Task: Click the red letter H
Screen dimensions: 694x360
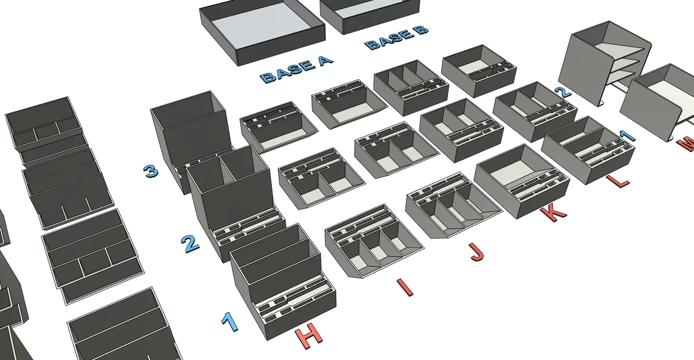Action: pyautogui.click(x=309, y=336)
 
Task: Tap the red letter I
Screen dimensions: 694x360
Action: pyautogui.click(x=405, y=287)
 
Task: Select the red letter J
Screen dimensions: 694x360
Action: pyautogui.click(x=476, y=252)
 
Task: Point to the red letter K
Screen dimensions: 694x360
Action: pyautogui.click(x=553, y=214)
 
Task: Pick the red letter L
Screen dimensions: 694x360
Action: pyautogui.click(x=617, y=181)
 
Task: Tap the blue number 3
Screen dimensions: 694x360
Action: pyautogui.click(x=151, y=171)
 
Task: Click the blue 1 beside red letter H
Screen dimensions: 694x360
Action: pyautogui.click(x=229, y=321)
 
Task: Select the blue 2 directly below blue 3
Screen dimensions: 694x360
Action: pyautogui.click(x=190, y=244)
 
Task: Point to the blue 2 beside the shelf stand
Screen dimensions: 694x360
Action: pyautogui.click(x=563, y=92)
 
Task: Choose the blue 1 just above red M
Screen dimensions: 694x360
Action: pyautogui.click(x=627, y=136)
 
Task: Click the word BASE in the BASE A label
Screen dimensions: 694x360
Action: pyautogui.click(x=286, y=73)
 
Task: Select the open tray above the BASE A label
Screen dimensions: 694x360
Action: pyautogui.click(x=262, y=31)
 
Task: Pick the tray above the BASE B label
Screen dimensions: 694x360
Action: pyautogui.click(x=370, y=14)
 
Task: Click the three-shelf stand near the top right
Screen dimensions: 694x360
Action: pyautogui.click(x=604, y=63)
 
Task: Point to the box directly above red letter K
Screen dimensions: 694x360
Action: pyautogui.click(x=522, y=181)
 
